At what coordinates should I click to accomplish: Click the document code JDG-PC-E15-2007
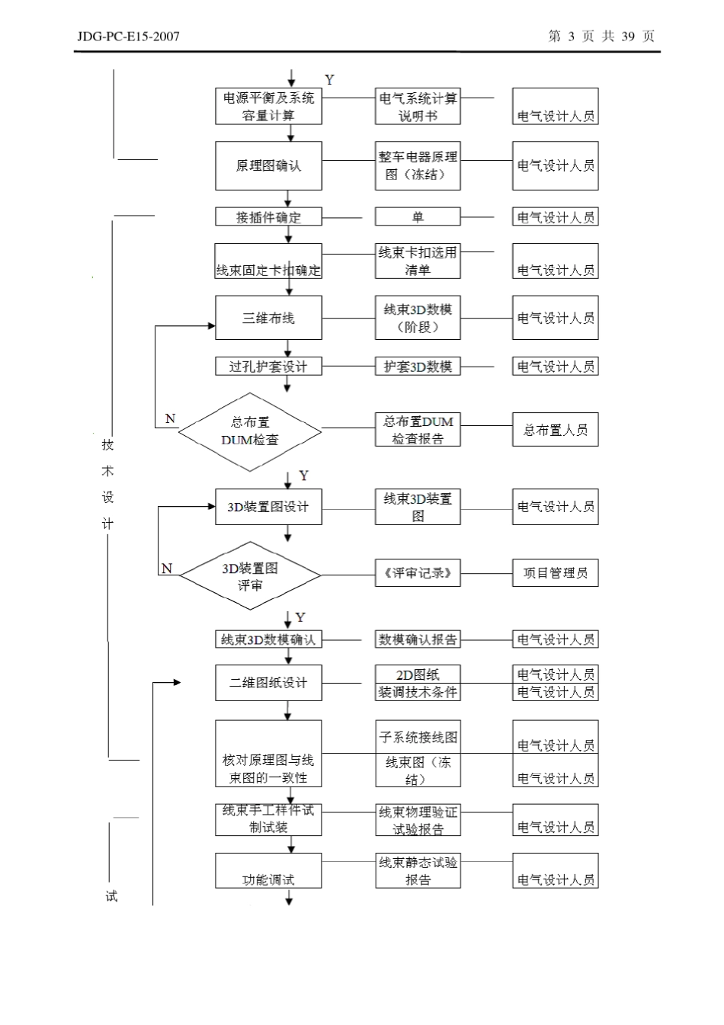[128, 36]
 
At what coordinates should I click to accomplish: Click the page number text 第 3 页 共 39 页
[601, 36]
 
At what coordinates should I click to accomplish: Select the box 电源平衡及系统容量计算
[268, 107]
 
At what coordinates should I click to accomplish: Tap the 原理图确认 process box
[268, 165]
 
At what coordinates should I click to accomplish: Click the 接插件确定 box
[268, 217]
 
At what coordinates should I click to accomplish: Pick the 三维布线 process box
[268, 318]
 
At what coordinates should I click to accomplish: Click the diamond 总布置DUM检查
[250, 431]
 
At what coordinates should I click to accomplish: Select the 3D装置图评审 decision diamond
[250, 576]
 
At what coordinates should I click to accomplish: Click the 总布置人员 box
[555, 430]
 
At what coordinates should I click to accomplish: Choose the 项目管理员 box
[555, 573]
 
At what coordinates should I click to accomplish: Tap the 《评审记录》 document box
[418, 573]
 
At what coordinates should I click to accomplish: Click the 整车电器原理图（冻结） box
[418, 165]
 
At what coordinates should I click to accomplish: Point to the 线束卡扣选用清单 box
[418, 261]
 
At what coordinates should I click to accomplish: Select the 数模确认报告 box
[418, 640]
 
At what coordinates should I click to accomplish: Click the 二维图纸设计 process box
[268, 683]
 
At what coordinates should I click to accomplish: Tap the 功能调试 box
[268, 870]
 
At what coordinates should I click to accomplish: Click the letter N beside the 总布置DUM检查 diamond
[170, 419]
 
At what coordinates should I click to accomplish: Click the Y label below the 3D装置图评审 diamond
[301, 617]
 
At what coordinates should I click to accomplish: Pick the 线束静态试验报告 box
[418, 870]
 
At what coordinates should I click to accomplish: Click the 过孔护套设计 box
[268, 367]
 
